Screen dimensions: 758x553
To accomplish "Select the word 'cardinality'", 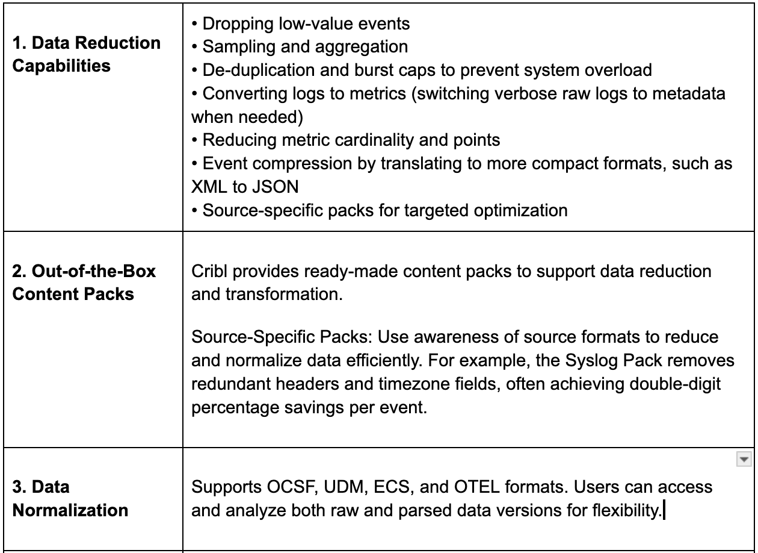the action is coord(343,140).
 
